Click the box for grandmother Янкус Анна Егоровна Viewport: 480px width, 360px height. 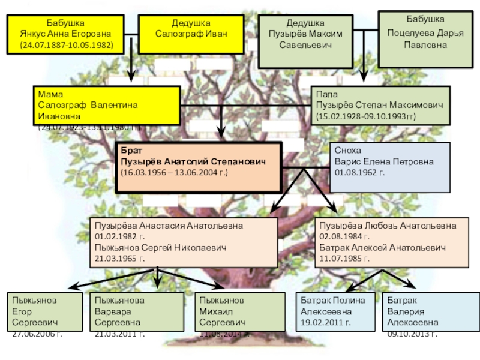(x=67, y=34)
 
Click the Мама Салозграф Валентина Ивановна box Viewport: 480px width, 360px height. (x=106, y=105)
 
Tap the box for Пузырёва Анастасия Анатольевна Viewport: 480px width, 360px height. (x=183, y=242)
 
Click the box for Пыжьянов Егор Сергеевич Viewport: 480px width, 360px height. (x=44, y=314)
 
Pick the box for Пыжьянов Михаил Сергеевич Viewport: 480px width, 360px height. (x=230, y=314)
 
